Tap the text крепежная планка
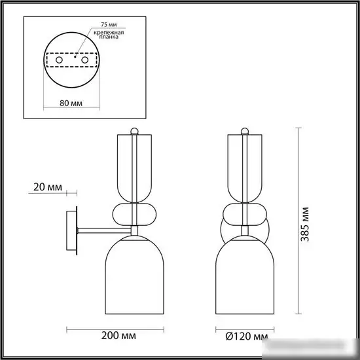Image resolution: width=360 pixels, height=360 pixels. [107, 35]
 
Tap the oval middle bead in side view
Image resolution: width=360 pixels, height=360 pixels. [134, 214]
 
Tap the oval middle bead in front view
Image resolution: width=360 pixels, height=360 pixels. [245, 214]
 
